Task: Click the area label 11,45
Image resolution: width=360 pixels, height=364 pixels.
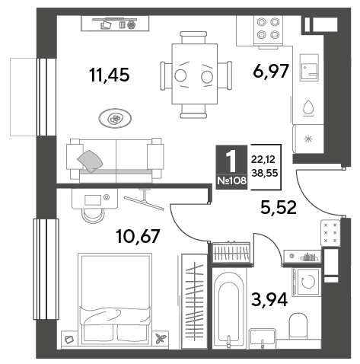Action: coord(110,75)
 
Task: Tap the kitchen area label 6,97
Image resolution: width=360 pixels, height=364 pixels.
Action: coord(271,72)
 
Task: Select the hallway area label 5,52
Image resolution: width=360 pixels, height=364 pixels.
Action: coord(279,207)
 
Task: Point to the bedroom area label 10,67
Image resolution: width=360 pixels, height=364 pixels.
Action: coord(138,236)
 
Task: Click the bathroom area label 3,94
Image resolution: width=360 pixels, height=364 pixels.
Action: coord(269,299)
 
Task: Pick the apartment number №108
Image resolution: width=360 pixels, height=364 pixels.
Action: coord(232,180)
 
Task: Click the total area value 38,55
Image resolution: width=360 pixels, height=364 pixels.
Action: coord(265,173)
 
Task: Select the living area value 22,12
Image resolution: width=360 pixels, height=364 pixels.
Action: coord(263,159)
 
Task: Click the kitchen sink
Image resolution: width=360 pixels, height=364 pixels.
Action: coord(309,68)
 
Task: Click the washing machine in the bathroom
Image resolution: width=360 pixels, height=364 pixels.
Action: coord(306,282)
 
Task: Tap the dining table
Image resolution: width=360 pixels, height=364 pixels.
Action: coord(195,74)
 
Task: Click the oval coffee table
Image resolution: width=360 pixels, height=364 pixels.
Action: coord(115,118)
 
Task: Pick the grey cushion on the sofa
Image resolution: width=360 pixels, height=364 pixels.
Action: coord(90,161)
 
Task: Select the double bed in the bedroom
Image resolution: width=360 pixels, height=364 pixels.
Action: coord(115,299)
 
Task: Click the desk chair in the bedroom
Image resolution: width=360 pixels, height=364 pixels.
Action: coord(93,216)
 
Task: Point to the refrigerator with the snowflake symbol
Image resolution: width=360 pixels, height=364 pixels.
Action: coord(308,139)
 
